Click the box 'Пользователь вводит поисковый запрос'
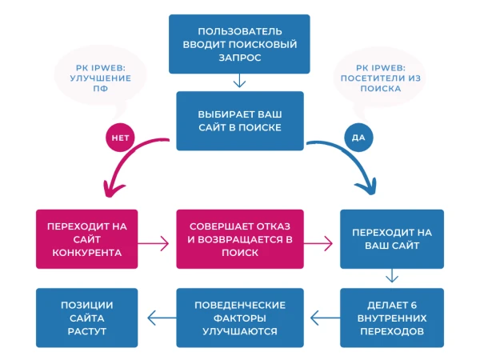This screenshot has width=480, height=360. tap(238, 43)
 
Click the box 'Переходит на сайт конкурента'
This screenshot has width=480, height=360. tap(87, 239)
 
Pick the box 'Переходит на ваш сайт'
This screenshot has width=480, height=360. tap(392, 239)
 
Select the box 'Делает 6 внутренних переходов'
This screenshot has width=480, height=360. tap(392, 318)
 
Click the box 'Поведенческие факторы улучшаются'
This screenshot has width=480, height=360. tap(239, 318)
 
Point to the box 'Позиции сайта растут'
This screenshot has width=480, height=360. tap(87, 318)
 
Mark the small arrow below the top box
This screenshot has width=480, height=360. tap(238, 81)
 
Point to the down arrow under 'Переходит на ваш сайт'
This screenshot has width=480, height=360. tap(392, 277)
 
